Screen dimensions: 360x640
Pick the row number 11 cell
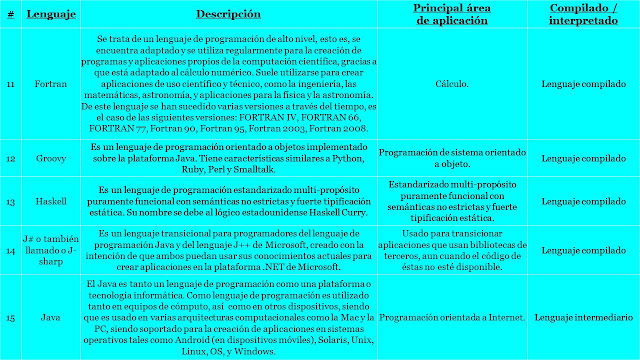[10, 86]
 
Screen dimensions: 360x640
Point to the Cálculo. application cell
[451, 86]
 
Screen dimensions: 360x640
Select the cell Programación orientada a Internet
[451, 317]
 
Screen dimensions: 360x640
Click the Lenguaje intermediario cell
[583, 317]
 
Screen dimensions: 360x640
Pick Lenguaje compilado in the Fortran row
[583, 86]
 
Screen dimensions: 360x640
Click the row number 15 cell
[10, 317]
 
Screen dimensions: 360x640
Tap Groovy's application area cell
[451, 158]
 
